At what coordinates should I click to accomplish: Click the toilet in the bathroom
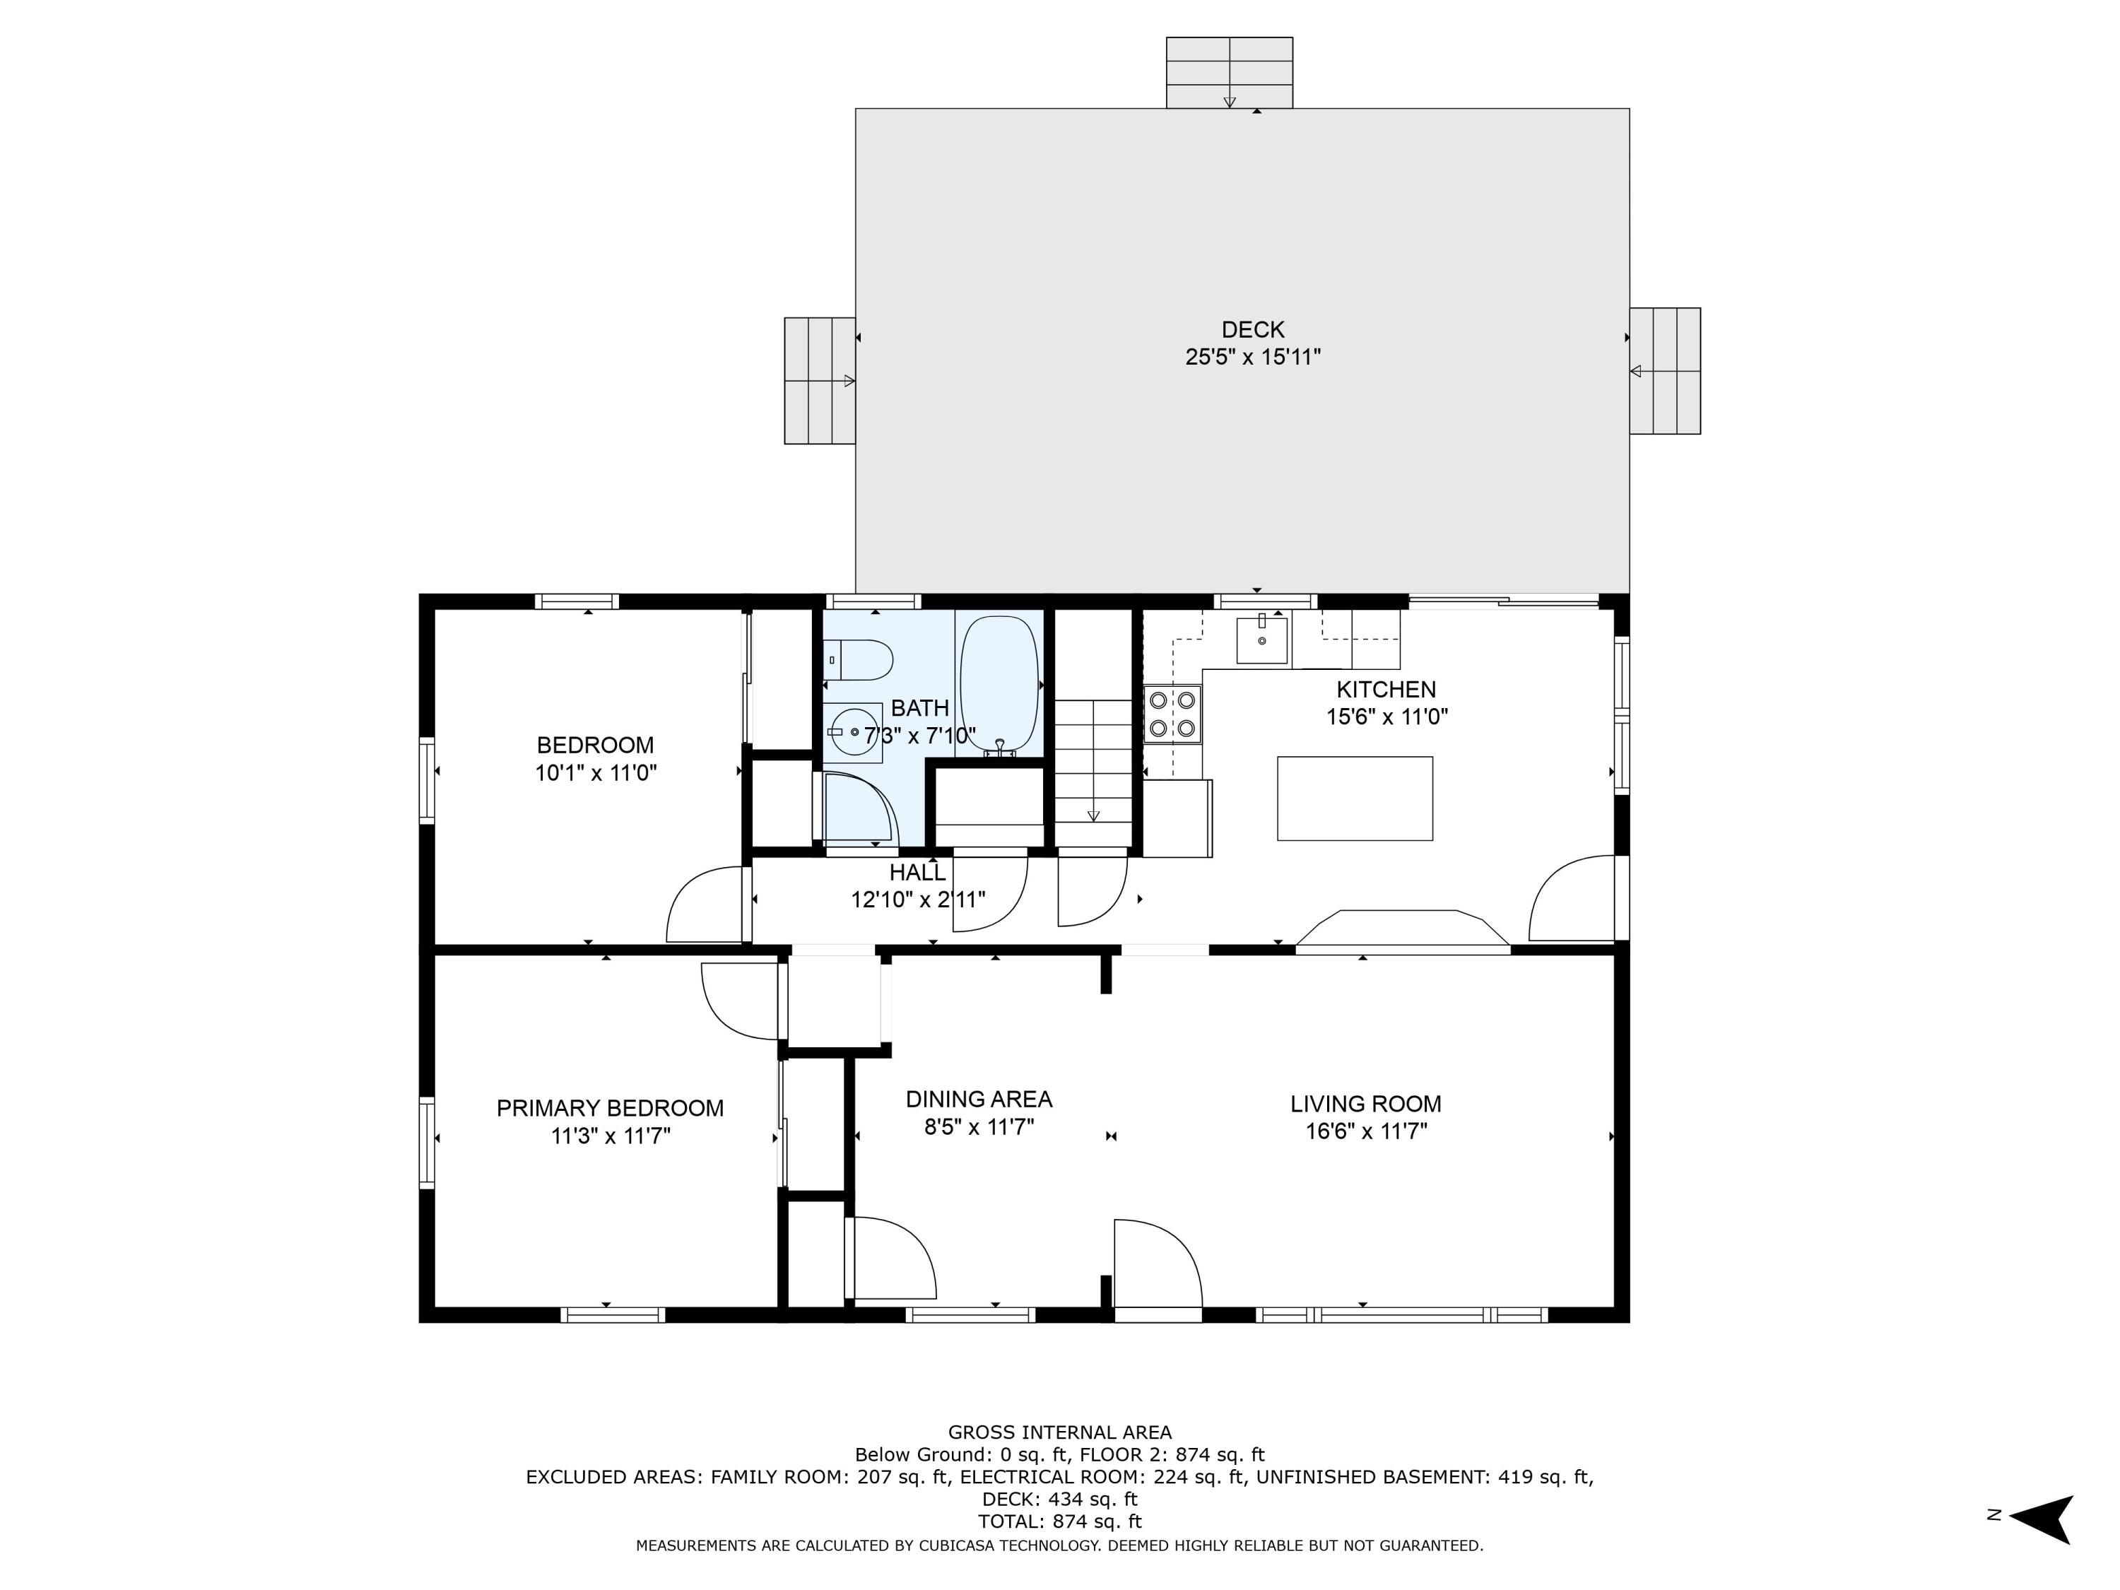860,659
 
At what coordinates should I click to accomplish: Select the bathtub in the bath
999,683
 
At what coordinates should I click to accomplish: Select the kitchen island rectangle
1354,799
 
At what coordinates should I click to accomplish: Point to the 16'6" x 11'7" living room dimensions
1366,1131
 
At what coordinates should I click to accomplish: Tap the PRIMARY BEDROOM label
610,1108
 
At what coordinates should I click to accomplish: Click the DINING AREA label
979,1100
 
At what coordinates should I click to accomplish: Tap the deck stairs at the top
1229,73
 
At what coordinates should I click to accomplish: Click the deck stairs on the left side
820,380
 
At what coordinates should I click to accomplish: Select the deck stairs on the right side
1665,371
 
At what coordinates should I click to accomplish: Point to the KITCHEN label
1386,689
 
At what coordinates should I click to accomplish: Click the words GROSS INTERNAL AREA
1059,1432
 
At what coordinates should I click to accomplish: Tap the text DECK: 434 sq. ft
1059,1498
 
